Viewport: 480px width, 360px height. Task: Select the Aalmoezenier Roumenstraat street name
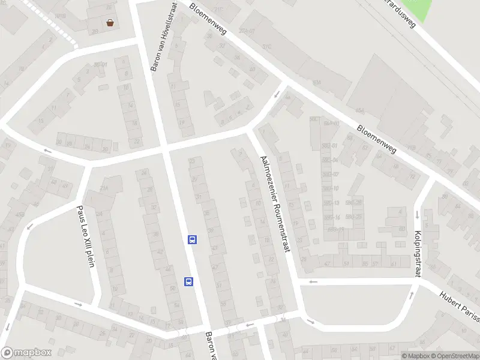(274, 203)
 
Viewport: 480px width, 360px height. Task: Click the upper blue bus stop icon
(192, 239)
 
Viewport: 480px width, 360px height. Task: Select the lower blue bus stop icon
(188, 281)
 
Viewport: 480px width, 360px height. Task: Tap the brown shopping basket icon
(110, 23)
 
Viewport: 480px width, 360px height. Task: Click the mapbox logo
(26, 353)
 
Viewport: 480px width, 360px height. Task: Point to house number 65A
(361, 110)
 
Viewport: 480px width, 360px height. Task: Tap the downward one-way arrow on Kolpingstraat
(416, 214)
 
